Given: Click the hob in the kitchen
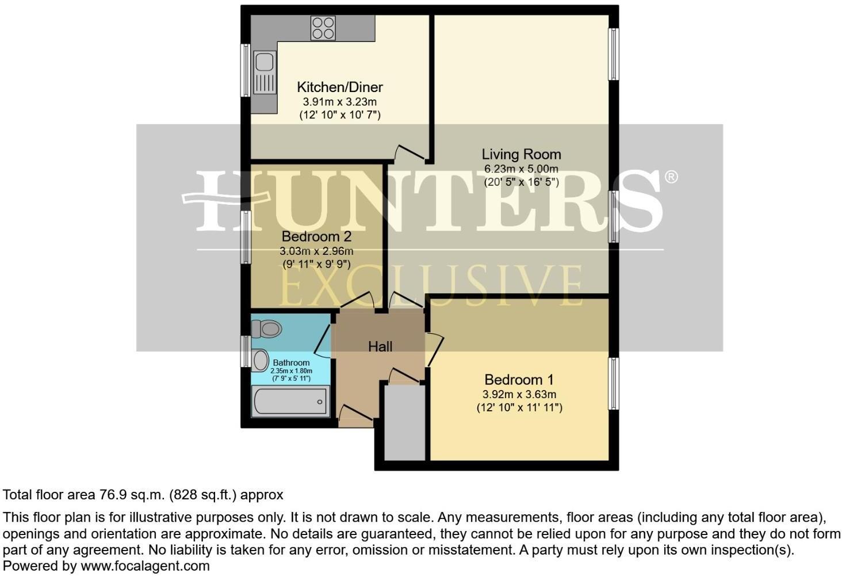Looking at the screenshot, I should point(323,28).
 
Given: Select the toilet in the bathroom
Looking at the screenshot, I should point(269,329).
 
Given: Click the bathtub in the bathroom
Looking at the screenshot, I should point(290,401).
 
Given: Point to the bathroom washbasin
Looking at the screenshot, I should point(260,361).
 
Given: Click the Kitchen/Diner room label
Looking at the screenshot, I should point(339,87).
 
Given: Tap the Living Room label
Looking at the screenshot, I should point(521,154).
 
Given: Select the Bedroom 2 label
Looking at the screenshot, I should point(316,236).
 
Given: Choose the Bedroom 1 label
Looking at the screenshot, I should point(519,380).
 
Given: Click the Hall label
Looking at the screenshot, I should point(380,346).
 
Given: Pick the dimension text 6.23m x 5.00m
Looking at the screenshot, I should point(521,169).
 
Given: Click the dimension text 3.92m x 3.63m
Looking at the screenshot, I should point(519,395).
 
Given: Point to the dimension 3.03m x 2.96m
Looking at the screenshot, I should point(316,251).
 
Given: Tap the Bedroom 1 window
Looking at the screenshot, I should point(614,384).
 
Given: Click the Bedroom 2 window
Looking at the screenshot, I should point(246,237).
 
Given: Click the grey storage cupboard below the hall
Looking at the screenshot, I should point(404,422).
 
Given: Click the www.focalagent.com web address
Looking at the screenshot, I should point(145,566).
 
